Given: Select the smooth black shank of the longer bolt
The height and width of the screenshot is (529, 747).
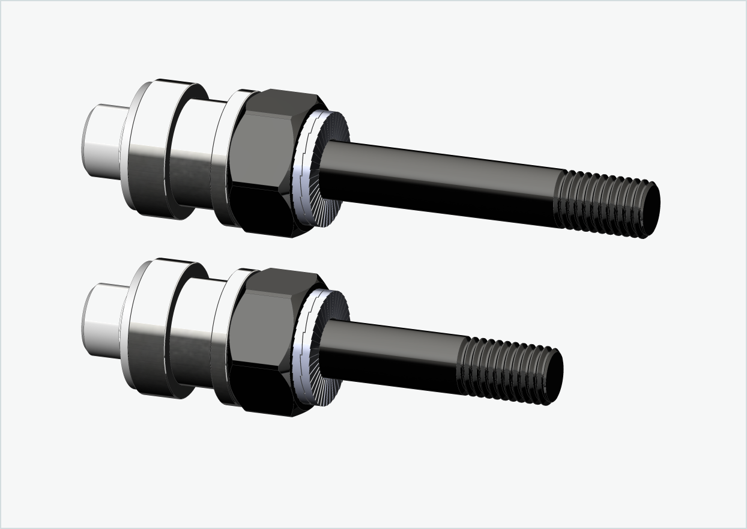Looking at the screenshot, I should tap(438, 180).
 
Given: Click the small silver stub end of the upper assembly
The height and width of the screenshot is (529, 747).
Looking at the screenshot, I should tap(102, 144).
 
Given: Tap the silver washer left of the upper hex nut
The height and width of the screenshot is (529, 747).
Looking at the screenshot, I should tap(222, 159).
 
